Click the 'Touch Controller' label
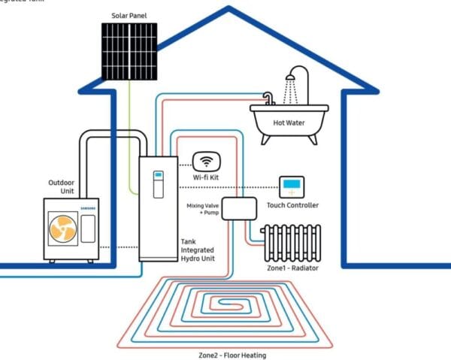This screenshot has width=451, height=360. pos(292,205)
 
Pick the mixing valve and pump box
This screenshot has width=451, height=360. pos(239,207)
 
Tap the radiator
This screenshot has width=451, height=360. pos(290,243)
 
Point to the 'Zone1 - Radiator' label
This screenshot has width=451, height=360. pos(292,268)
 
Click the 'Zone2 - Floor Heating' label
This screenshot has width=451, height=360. pos(232,355)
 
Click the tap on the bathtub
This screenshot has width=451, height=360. pos(267,98)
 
